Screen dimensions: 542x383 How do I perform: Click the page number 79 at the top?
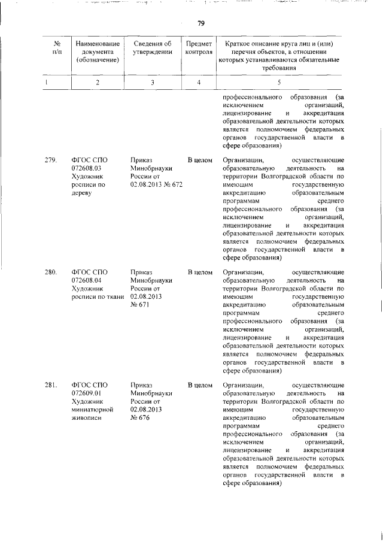point(201,23)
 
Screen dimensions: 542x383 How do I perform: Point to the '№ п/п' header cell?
point(58,47)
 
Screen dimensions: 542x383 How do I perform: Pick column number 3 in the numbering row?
point(153,82)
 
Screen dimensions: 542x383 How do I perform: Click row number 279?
point(51,161)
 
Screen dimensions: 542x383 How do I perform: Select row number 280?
point(51,272)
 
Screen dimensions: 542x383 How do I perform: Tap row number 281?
point(51,384)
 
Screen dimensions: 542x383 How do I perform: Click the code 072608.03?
point(87,169)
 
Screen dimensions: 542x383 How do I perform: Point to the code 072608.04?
point(87,281)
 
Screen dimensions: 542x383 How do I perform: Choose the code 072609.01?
point(87,393)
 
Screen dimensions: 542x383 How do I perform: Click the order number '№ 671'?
point(139,305)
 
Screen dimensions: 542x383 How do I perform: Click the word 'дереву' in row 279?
point(83,194)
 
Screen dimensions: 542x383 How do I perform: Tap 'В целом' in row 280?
point(200,272)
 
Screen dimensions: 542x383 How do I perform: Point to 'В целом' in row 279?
point(200,161)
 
